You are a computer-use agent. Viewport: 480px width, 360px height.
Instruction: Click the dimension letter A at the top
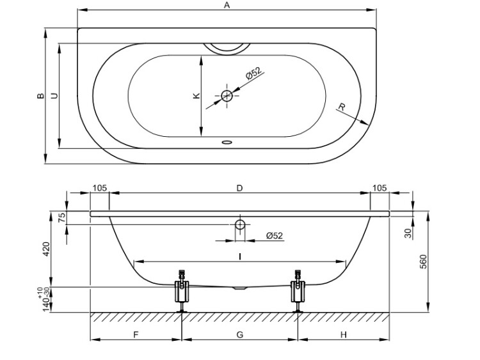227,5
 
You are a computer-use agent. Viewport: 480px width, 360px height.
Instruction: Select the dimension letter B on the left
40,96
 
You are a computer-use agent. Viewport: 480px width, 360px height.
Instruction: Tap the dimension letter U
54,96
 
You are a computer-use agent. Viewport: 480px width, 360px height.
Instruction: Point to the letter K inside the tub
196,96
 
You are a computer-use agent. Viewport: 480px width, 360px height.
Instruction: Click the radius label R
342,107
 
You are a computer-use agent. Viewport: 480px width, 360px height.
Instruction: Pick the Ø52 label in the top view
254,73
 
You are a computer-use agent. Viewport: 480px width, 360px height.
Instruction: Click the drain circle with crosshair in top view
227,96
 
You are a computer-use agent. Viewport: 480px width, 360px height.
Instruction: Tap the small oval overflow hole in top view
227,142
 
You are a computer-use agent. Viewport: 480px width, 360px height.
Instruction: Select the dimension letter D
240,188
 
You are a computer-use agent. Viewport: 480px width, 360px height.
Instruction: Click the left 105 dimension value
100,188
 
